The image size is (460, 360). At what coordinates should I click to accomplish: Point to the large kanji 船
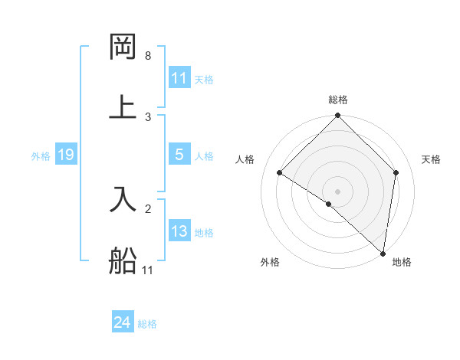[x=123, y=261]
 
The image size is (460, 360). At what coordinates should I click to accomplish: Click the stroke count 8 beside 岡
[x=148, y=56]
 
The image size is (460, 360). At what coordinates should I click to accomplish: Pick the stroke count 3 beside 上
[x=148, y=117]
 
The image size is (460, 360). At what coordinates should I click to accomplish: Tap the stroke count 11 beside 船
[x=148, y=270]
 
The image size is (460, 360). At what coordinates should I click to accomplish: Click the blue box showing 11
[x=179, y=78]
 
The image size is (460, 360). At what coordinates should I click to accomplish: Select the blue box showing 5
[x=179, y=155]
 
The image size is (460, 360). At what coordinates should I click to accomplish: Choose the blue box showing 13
[x=179, y=231]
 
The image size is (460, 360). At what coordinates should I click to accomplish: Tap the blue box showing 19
[x=66, y=155]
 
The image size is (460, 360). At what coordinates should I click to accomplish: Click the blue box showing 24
[x=122, y=323]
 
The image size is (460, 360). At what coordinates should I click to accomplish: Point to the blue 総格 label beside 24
[x=147, y=324]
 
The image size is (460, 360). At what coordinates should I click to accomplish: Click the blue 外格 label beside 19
[x=41, y=156]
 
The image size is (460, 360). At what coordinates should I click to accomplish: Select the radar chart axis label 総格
[x=338, y=100]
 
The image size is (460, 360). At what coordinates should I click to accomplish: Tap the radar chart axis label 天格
[x=432, y=159]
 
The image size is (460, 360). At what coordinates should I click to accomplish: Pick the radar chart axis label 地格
[x=402, y=262]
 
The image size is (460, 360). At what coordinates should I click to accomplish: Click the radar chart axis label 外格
[x=270, y=262]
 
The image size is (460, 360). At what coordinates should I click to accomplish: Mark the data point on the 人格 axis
[x=280, y=173]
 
